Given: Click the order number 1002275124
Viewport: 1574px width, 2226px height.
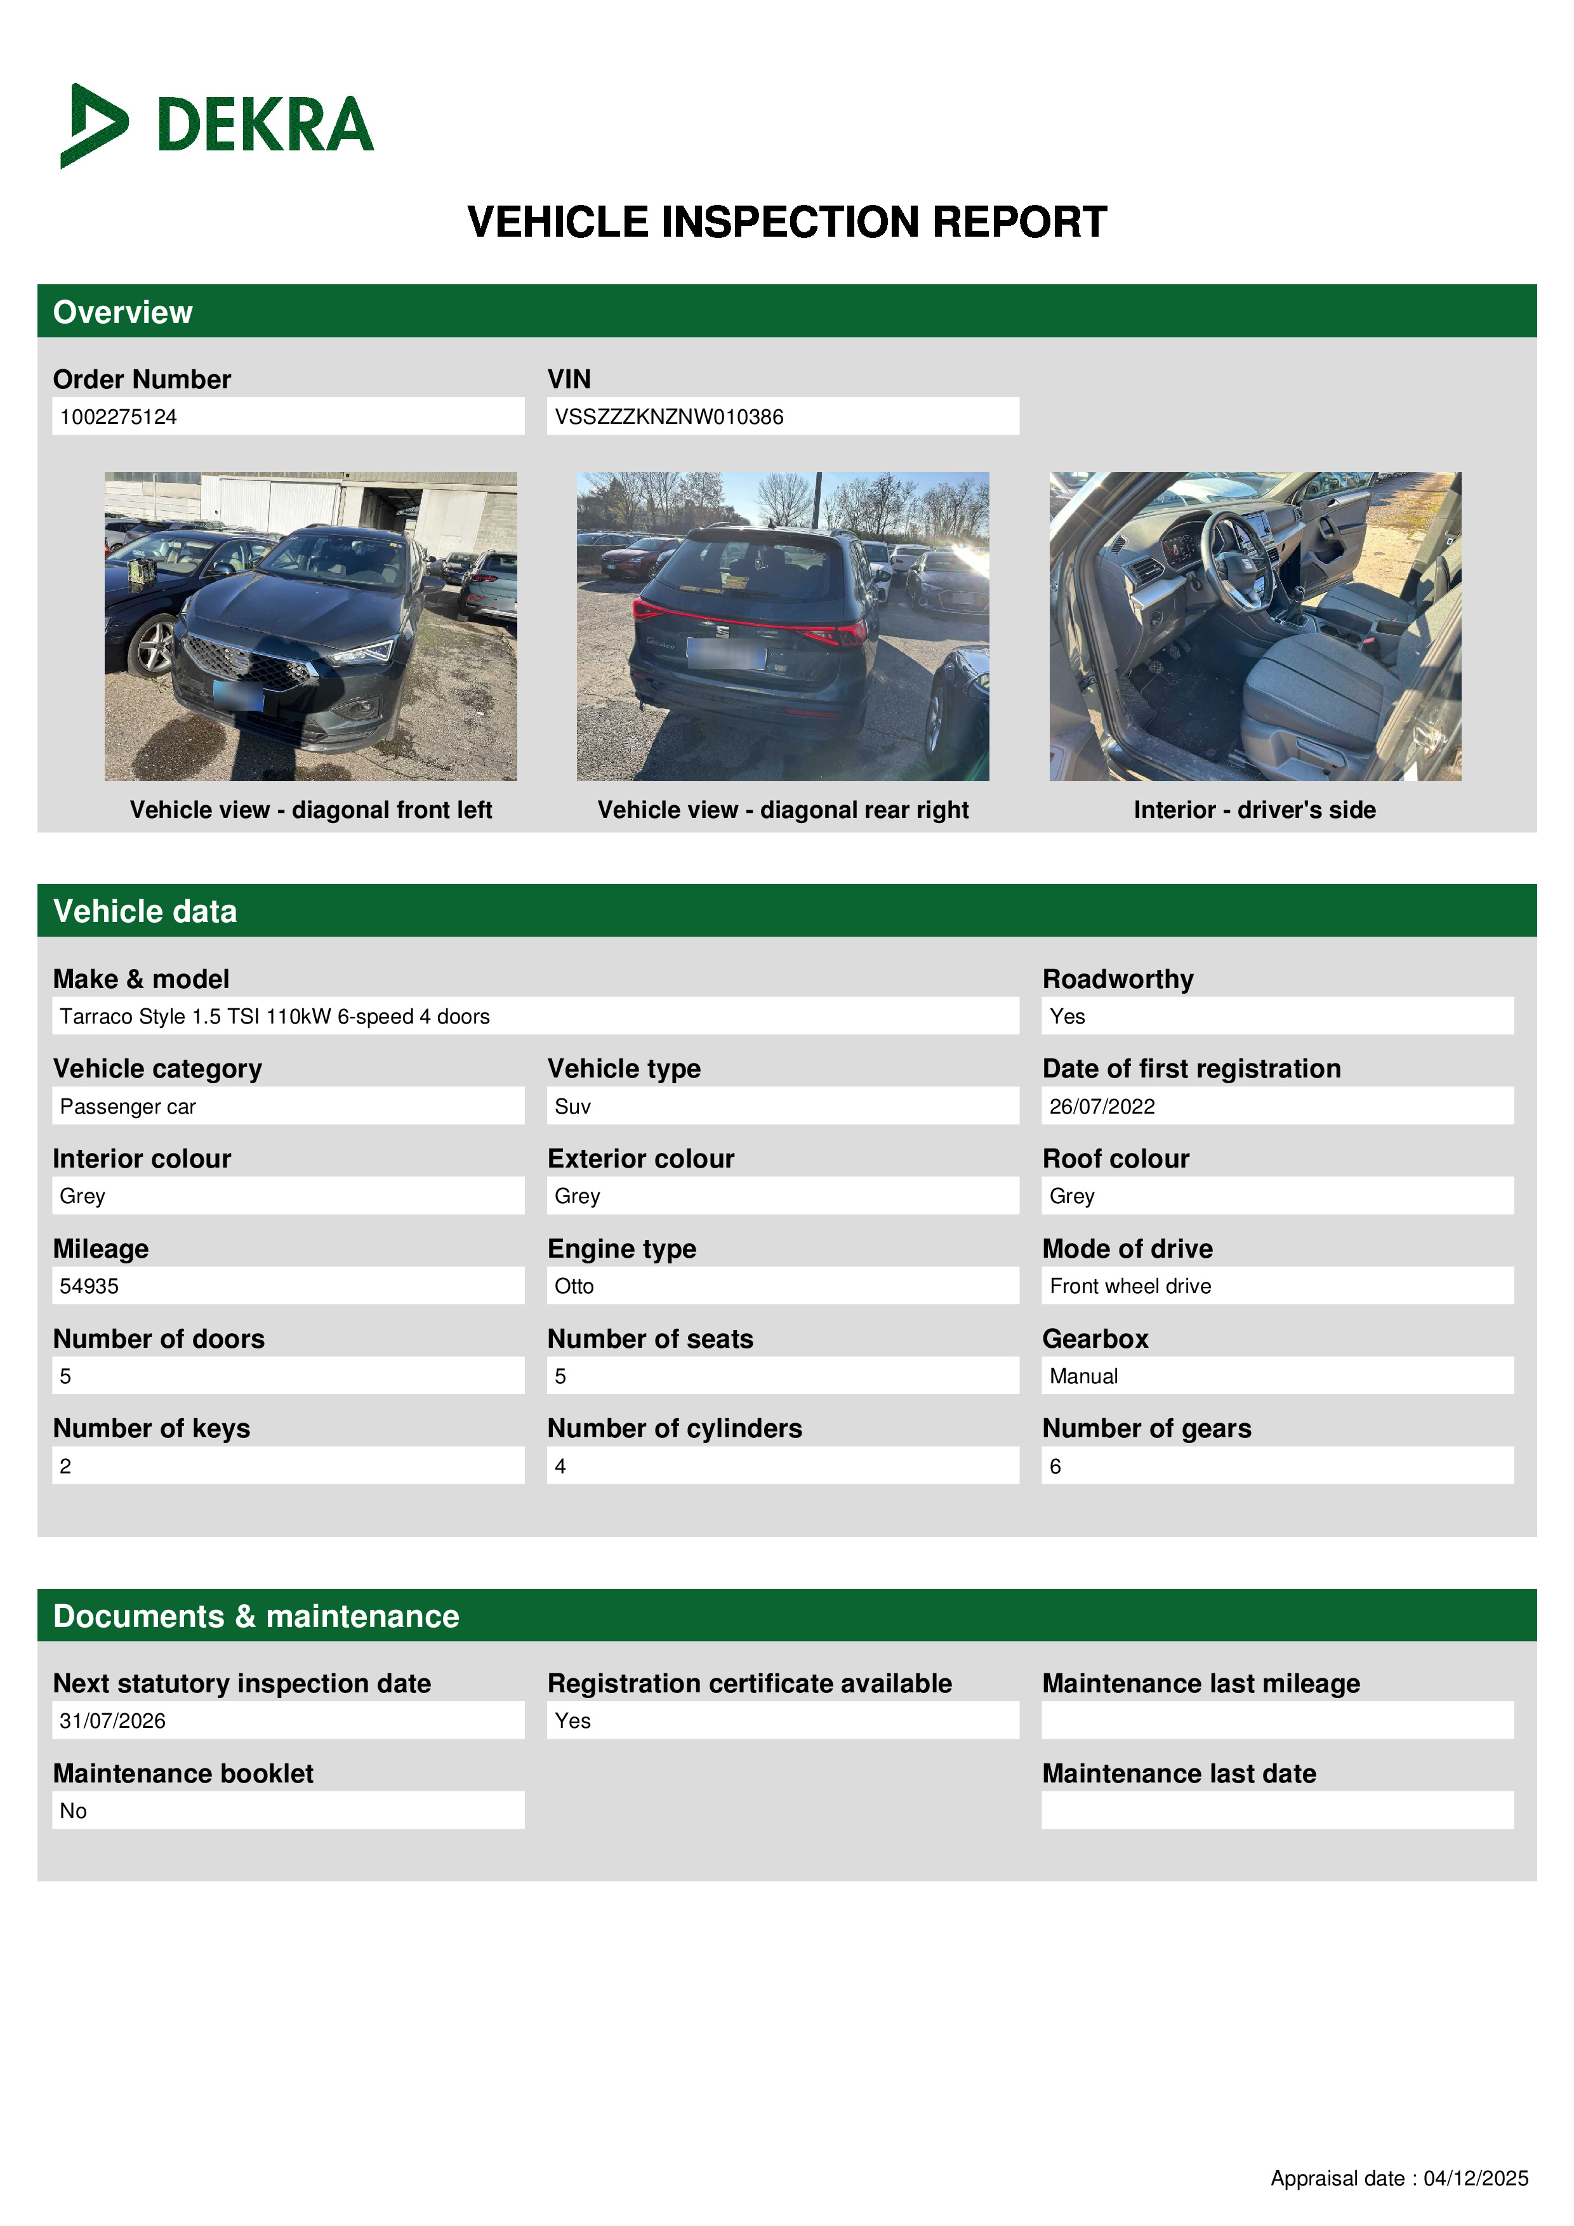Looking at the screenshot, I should click(x=118, y=417).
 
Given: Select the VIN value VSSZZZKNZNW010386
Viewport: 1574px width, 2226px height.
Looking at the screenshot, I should click(x=668, y=417).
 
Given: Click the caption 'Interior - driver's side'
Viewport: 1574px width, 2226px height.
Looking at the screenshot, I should click(x=1254, y=810).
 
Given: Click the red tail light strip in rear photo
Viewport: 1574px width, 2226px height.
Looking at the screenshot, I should click(x=747, y=621).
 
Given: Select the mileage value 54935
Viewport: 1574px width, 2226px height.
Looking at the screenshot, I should click(x=89, y=1286).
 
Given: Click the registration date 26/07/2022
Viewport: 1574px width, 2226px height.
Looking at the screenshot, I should click(x=1102, y=1106).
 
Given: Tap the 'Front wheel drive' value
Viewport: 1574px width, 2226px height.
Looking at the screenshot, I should click(x=1130, y=1286).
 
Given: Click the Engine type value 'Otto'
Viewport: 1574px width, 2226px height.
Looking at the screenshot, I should click(x=574, y=1286).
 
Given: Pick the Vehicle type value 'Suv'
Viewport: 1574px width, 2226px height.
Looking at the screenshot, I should click(x=573, y=1106).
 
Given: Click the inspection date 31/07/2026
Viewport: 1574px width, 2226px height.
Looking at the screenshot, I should click(x=112, y=1721).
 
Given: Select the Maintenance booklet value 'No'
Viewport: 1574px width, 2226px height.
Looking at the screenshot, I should click(x=74, y=1811).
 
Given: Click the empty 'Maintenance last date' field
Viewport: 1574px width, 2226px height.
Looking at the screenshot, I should click(x=1276, y=1810).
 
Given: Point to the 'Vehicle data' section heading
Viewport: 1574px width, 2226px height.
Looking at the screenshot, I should click(x=145, y=911).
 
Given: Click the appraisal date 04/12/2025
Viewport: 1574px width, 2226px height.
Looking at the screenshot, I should click(x=1475, y=2178).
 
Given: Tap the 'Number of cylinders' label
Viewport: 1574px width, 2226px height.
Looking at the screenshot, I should click(x=674, y=1428).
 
